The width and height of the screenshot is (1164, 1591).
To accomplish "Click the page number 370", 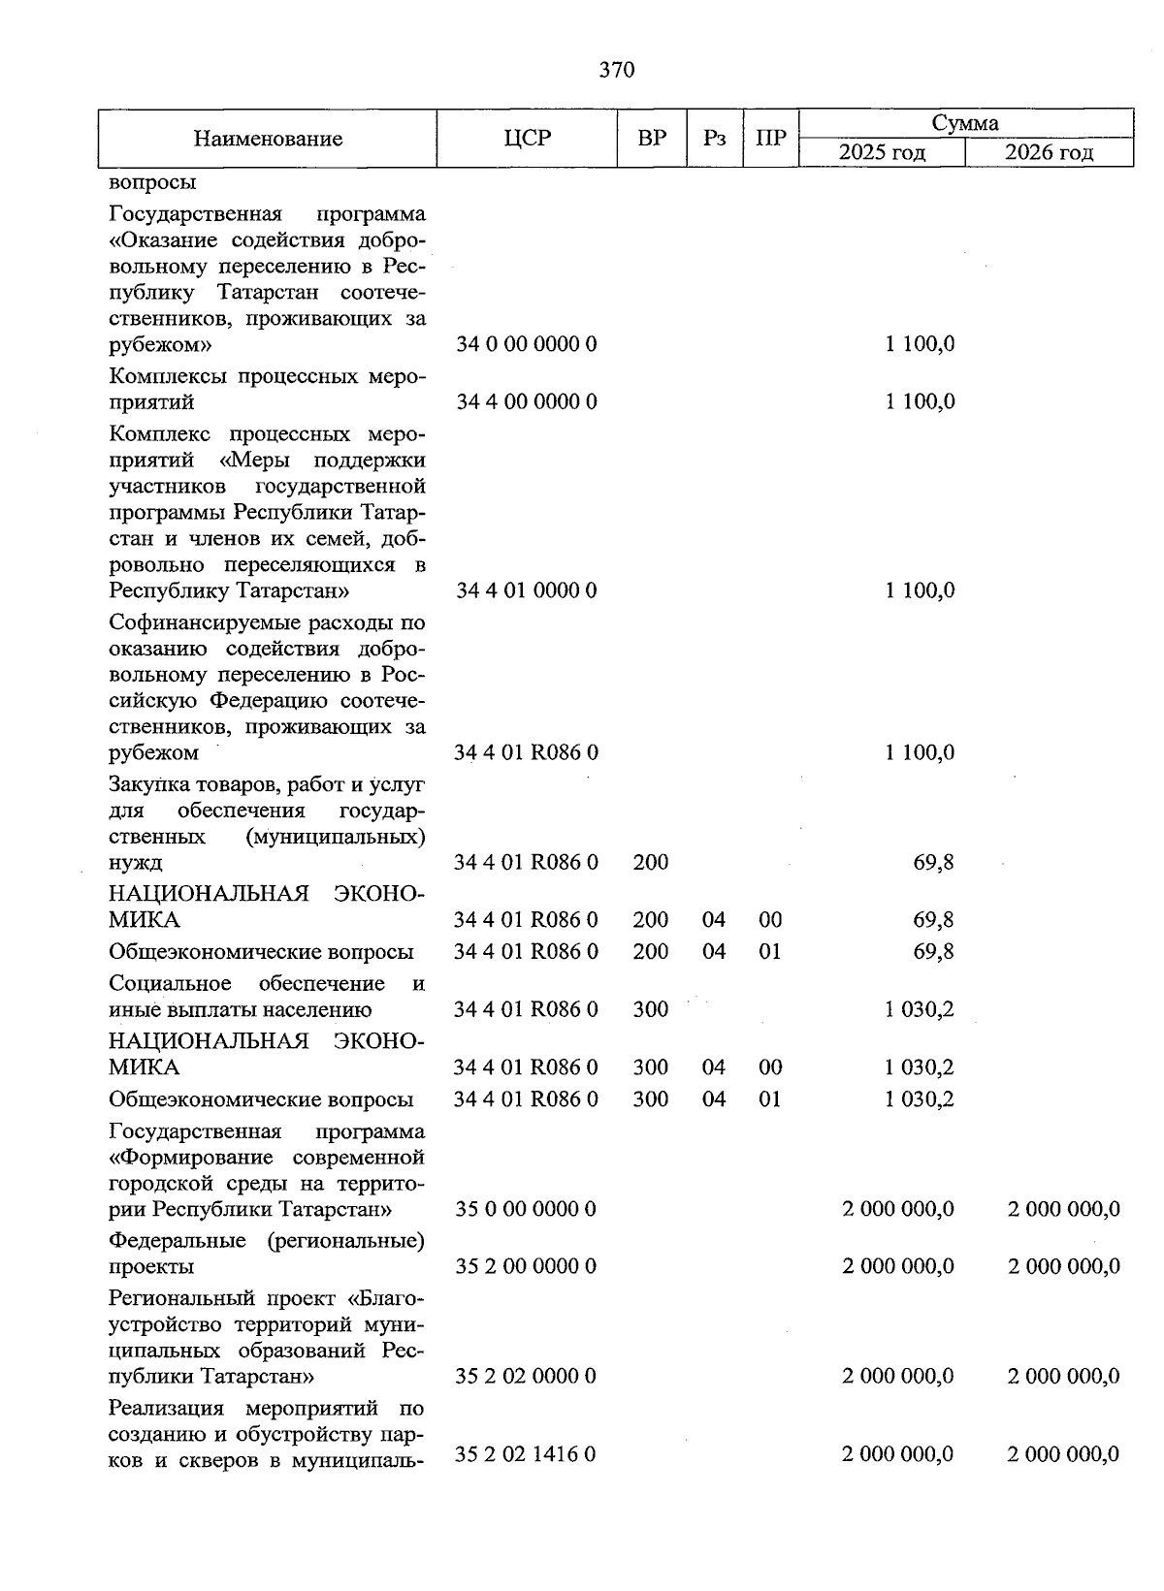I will [617, 69].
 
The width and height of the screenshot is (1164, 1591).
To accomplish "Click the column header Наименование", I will [268, 139].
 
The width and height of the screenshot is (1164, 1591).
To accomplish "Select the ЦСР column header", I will [527, 138].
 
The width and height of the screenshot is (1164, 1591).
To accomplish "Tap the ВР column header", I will [652, 138].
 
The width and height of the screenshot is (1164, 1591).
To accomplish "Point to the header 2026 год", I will [1049, 153].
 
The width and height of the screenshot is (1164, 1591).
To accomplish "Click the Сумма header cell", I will [965, 123].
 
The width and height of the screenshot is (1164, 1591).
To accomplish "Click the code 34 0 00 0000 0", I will [526, 344].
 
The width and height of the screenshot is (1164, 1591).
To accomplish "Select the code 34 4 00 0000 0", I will [526, 401].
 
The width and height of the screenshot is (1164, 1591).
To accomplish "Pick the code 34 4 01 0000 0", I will [526, 590].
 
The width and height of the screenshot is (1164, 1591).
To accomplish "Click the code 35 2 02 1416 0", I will [525, 1454].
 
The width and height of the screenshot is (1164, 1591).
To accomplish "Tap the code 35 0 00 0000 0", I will [526, 1209].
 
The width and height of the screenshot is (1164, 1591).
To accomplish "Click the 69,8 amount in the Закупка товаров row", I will [933, 862].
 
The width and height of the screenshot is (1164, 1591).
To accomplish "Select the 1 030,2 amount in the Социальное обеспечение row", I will [920, 1009].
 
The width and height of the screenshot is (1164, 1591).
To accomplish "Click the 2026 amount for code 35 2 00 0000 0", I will [1063, 1266].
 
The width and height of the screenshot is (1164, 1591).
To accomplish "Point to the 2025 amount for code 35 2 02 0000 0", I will [898, 1376].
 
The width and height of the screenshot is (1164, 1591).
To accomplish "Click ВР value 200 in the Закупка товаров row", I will [650, 862].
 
